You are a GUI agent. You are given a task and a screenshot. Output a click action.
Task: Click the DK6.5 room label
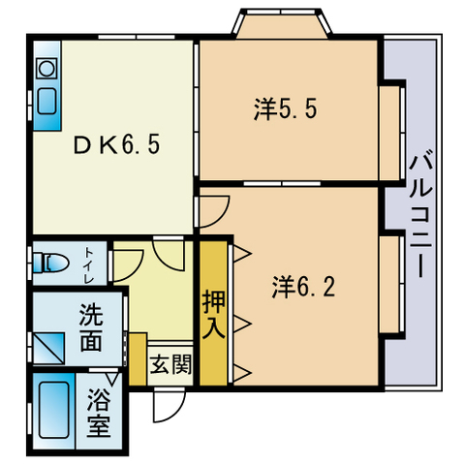point(116,145)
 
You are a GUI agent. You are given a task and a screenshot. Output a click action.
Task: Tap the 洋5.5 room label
point(285,108)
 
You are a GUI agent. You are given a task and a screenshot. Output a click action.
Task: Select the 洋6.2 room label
point(303,287)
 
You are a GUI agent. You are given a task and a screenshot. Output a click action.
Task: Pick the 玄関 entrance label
point(170,364)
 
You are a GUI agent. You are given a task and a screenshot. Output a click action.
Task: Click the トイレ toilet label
point(88,265)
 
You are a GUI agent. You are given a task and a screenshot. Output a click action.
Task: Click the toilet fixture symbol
point(51,262)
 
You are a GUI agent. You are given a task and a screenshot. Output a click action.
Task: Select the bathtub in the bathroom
point(54,410)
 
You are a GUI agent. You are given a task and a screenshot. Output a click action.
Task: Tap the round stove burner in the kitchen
point(46,68)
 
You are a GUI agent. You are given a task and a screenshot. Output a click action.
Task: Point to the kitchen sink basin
point(46,101)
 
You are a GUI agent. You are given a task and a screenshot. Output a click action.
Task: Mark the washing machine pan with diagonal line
point(48,348)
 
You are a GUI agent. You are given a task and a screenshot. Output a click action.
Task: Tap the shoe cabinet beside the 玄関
point(138,358)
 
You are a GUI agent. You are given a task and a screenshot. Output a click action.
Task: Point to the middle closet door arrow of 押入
point(242,324)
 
